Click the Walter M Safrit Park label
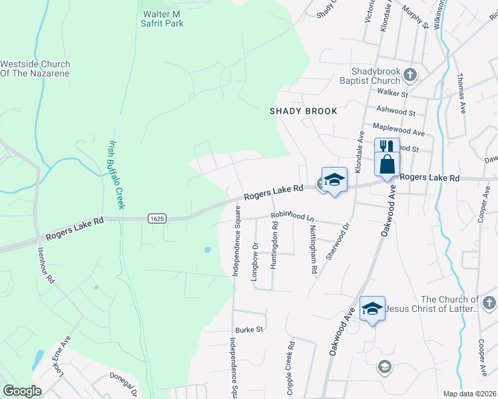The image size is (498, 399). coord(163,18)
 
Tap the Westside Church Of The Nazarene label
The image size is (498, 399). coord(35,68)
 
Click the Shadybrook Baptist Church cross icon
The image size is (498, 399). coord(411,74)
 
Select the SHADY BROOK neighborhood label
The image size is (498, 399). coord(303,111)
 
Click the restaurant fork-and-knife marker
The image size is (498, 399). coord(387,148)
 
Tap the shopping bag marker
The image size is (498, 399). coord(387,164)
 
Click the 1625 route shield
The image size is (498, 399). coord(157,218)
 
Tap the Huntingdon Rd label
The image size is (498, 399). coord(274,245)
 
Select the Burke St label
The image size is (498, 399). coord(250,329)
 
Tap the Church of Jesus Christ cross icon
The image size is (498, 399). coord(489,304)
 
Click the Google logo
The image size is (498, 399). coord(22,391)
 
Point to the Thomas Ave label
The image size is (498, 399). coord(461,93)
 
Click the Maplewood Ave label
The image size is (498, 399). coord(399,132)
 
